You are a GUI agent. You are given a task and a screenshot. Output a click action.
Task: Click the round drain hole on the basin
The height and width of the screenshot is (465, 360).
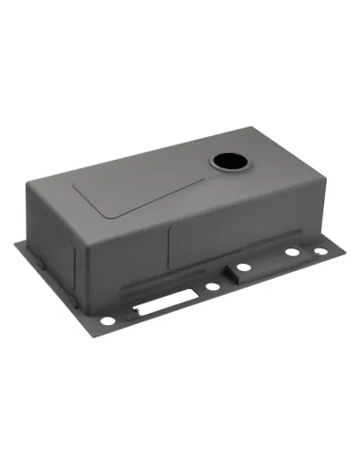[228, 162]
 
